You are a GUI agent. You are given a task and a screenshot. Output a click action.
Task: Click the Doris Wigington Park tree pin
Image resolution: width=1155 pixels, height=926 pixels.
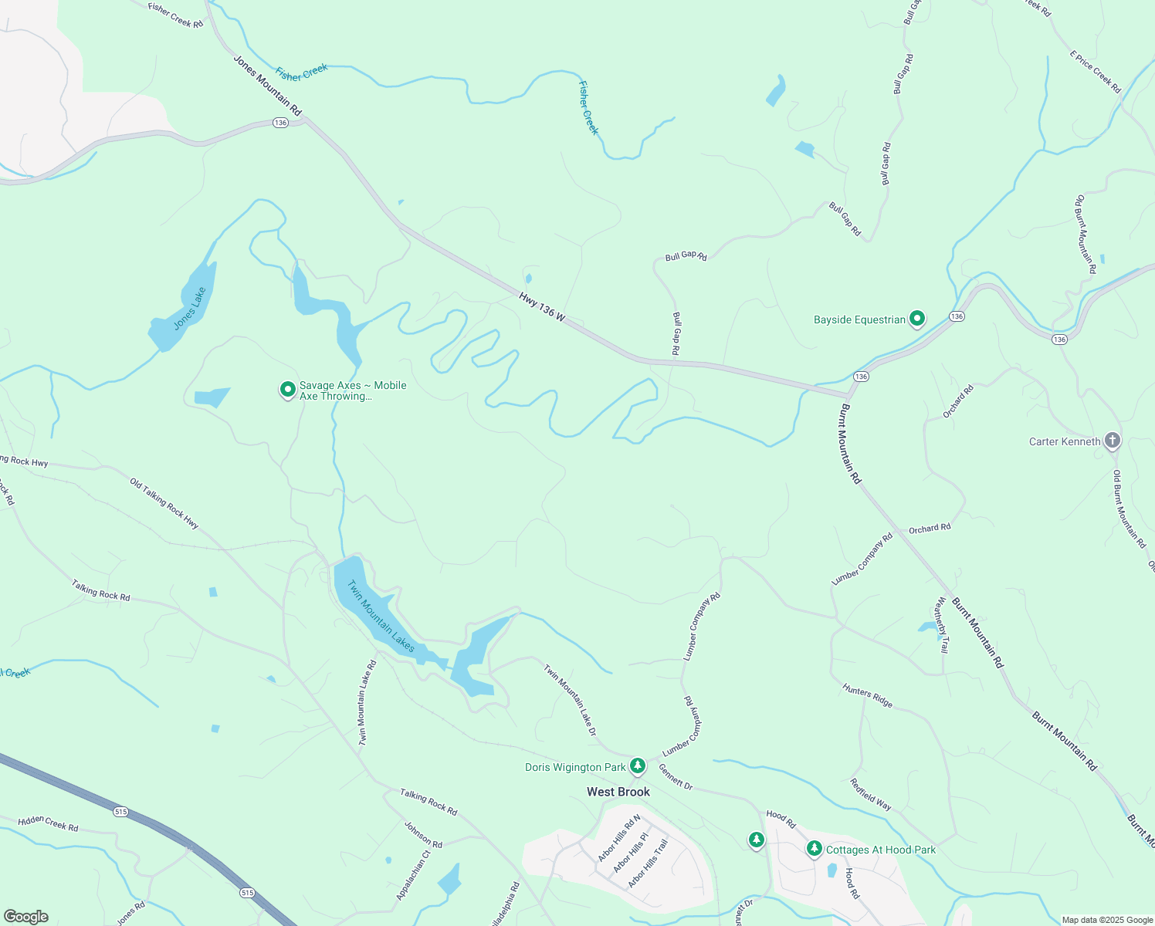tap(637, 765)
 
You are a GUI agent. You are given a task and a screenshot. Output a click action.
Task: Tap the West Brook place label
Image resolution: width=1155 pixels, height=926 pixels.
tap(618, 792)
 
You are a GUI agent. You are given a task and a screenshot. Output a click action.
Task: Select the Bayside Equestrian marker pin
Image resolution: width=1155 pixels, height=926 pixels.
tap(916, 318)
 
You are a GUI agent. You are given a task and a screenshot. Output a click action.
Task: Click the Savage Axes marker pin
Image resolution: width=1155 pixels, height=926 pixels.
tap(287, 390)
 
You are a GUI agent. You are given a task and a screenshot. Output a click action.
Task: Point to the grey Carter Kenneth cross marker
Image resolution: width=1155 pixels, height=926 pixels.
tap(1112, 441)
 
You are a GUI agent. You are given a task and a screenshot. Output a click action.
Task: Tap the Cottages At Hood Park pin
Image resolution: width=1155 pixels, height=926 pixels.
tap(814, 849)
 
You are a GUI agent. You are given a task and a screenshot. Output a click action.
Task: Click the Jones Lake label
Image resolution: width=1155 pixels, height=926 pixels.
tap(190, 309)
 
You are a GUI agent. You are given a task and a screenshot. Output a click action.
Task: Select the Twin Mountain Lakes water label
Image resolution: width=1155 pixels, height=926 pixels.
tap(381, 616)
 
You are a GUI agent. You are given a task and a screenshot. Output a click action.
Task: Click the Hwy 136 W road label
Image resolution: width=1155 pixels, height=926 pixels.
tap(542, 307)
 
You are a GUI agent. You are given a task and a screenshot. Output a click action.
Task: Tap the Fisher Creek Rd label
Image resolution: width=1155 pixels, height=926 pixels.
tap(175, 15)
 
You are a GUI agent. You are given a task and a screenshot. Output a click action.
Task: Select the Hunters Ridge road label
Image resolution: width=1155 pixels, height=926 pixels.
tap(867, 696)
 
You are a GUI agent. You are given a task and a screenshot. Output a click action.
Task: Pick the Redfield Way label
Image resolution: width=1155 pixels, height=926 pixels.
tap(871, 794)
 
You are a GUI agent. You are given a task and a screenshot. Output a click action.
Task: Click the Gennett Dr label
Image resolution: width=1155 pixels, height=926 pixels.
tap(676, 776)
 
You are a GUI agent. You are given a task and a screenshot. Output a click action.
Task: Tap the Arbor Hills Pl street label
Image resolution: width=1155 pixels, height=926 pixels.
tap(630, 852)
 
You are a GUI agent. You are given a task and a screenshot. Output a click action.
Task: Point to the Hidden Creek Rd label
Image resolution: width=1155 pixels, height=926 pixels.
tap(48, 823)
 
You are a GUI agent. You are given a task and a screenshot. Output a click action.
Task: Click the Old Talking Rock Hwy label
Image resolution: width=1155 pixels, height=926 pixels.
tap(164, 504)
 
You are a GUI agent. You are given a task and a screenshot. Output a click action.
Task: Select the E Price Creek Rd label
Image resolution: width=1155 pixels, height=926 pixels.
tap(1095, 72)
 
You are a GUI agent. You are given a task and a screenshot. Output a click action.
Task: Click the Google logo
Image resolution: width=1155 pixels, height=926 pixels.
tap(26, 916)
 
